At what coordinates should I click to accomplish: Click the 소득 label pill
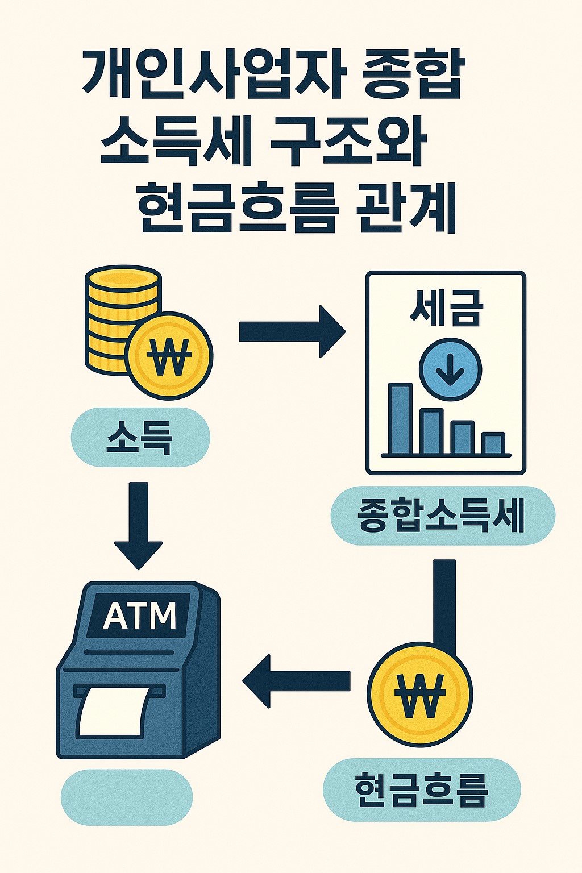click(x=140, y=437)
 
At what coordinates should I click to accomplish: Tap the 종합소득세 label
click(x=442, y=516)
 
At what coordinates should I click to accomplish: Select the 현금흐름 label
click(x=422, y=789)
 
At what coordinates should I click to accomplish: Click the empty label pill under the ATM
click(x=126, y=797)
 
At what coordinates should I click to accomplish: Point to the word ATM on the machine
click(x=140, y=616)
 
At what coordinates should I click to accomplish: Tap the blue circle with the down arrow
click(x=450, y=369)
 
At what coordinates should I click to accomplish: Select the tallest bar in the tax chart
click(x=400, y=418)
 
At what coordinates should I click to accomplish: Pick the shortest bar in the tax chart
click(x=493, y=443)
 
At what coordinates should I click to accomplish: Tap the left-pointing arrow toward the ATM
click(x=296, y=680)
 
